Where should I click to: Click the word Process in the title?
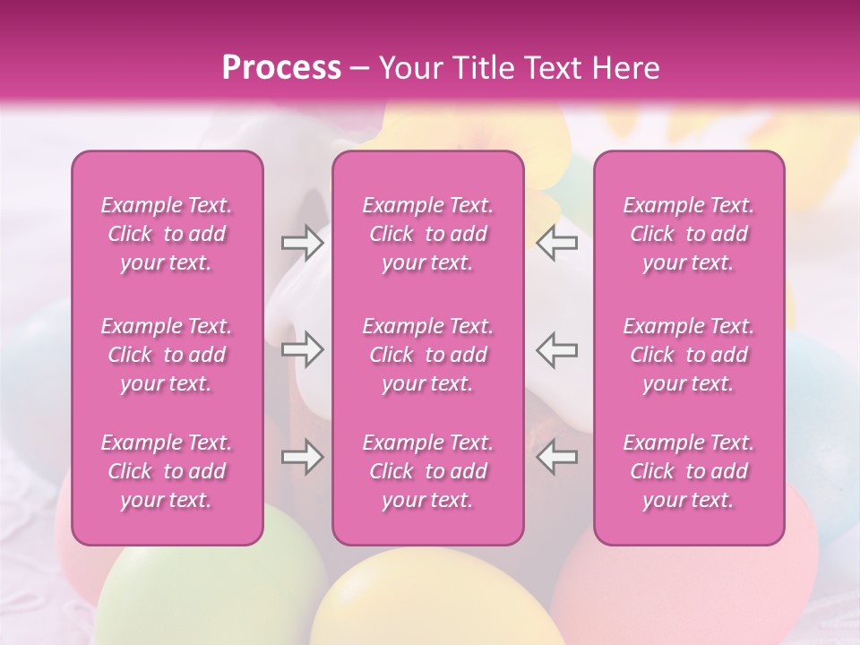[x=281, y=68]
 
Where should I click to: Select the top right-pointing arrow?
[x=303, y=242]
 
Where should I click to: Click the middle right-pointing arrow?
[x=303, y=349]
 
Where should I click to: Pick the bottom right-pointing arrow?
[x=303, y=457]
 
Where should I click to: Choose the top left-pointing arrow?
[x=556, y=242]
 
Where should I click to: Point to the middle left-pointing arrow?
[x=556, y=349]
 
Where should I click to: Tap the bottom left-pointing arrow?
[x=556, y=457]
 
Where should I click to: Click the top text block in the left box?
[x=167, y=234]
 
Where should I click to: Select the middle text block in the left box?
[x=167, y=355]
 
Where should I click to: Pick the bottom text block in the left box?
[x=167, y=471]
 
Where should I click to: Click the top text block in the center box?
[x=428, y=234]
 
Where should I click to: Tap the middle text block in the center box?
[x=428, y=355]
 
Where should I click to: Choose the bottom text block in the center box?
[x=428, y=471]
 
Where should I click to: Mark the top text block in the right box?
[x=689, y=234]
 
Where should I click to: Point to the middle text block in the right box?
[x=689, y=355]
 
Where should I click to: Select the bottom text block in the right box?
[x=689, y=471]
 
